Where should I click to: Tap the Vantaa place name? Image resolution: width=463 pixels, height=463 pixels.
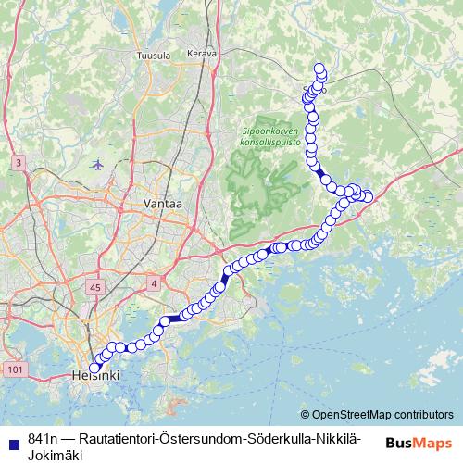[x=163, y=203]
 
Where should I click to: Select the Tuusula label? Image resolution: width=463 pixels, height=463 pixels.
[x=154, y=56]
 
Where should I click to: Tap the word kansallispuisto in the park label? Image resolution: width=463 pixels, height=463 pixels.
[x=271, y=143]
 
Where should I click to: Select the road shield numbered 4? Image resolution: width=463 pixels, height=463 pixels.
[x=153, y=281]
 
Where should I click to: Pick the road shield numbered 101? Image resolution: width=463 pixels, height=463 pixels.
[x=14, y=369]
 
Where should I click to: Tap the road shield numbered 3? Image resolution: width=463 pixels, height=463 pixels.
[x=18, y=163]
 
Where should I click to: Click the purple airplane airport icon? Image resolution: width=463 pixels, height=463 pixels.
[x=98, y=165]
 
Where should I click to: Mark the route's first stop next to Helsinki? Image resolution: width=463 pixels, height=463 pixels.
[x=94, y=368]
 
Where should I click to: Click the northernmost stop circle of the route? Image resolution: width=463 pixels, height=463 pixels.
[x=320, y=68]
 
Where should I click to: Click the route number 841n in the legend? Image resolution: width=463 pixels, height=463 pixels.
[x=43, y=438]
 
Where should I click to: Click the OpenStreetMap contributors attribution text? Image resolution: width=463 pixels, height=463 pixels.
[x=382, y=415]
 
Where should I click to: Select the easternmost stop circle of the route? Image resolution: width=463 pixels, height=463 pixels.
[x=368, y=196]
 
